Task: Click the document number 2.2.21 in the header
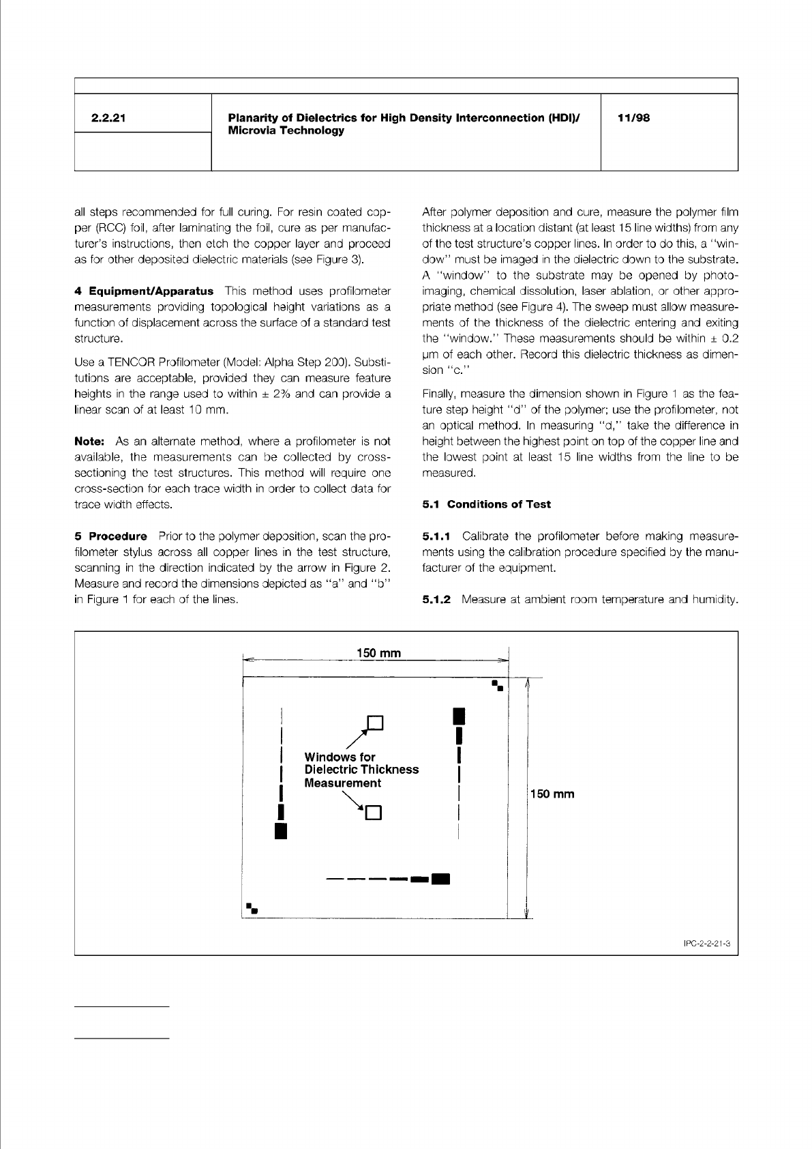click(108, 118)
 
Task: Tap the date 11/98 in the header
click(633, 118)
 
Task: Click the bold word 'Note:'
click(89, 441)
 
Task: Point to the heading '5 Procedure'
click(110, 536)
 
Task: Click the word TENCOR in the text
click(145, 362)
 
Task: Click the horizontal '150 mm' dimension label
click(378, 653)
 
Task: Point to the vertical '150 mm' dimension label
click(553, 794)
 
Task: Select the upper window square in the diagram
click(376, 723)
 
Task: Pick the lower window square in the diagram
click(374, 813)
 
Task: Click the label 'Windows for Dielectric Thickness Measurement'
click(361, 770)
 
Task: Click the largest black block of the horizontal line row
click(441, 878)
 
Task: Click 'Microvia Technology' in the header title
click(286, 131)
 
